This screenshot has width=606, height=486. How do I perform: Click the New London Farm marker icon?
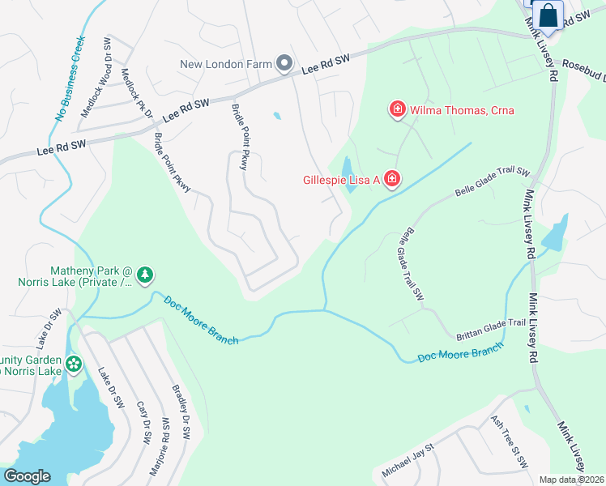(x=284, y=62)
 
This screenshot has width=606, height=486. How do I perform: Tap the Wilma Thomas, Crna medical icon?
(x=397, y=109)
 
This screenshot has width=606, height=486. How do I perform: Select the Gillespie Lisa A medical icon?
(x=390, y=178)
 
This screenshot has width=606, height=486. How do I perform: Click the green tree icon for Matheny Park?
(x=145, y=275)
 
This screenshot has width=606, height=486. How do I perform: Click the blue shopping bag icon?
(x=548, y=15)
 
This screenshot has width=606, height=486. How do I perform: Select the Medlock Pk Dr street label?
(x=136, y=93)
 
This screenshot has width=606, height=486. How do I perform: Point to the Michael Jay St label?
(x=408, y=459)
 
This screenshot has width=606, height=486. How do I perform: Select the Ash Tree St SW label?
(x=509, y=443)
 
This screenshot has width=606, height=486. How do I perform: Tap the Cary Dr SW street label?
(x=143, y=422)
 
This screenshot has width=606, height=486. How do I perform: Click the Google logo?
(x=27, y=476)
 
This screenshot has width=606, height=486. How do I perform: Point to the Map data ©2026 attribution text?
(x=572, y=480)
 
